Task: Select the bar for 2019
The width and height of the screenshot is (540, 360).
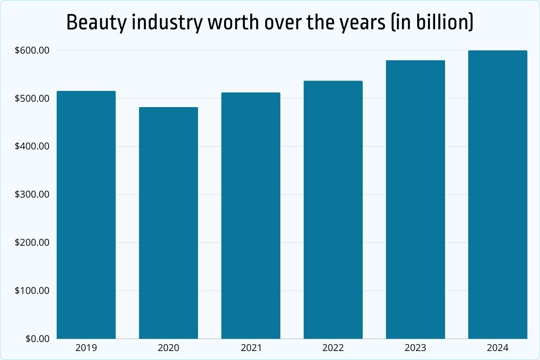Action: (86, 215)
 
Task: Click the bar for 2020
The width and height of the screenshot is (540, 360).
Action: (168, 223)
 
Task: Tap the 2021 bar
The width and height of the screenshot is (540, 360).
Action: (251, 216)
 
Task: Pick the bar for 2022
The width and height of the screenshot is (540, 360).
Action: (333, 210)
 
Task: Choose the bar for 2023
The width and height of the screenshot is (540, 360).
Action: (415, 200)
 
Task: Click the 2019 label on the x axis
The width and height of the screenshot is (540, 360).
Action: (86, 348)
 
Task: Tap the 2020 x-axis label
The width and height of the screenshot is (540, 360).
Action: (168, 348)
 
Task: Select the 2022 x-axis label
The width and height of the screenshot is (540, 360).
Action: (333, 348)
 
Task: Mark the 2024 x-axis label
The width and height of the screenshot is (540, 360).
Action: (497, 348)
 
